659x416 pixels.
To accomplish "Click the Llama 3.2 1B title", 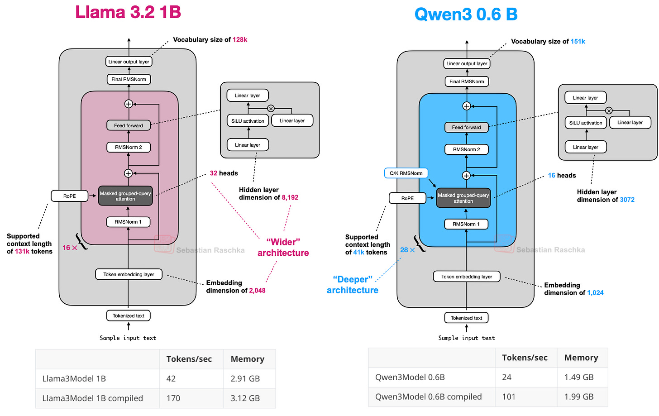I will (x=128, y=12).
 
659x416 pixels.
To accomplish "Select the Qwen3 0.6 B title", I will (x=466, y=14).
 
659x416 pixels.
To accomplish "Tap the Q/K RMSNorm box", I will (x=406, y=173).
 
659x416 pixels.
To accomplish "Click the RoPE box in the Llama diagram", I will (x=70, y=196).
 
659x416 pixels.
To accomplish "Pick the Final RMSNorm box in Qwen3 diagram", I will (x=467, y=81).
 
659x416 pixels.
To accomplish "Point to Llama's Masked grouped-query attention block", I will (x=125, y=196).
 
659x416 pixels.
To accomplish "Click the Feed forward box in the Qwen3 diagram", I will (x=466, y=127).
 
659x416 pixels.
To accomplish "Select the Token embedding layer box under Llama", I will (x=129, y=274).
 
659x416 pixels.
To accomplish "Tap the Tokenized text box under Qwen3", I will (x=466, y=318).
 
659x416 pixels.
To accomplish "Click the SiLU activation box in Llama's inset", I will (x=248, y=121).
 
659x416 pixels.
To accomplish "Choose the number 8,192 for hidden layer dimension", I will (x=290, y=197).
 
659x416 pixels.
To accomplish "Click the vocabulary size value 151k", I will (x=578, y=42).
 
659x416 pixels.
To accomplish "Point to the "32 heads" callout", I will (x=224, y=173).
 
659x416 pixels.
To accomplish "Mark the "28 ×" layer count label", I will (x=407, y=250).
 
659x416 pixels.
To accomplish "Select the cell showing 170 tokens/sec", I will (x=173, y=398).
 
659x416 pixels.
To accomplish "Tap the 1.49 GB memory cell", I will (x=579, y=377).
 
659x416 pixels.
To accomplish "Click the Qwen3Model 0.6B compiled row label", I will (x=428, y=397).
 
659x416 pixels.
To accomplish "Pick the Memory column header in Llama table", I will (x=247, y=359).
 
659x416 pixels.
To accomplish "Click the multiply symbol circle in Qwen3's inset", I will (x=609, y=110).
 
